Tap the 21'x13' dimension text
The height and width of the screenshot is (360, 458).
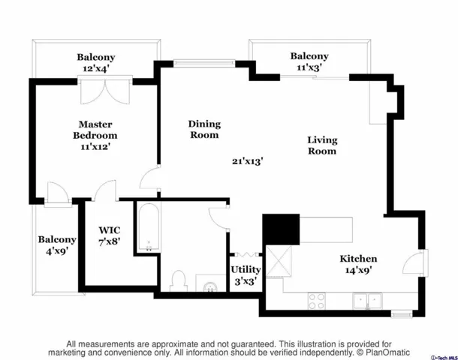(x=248, y=161)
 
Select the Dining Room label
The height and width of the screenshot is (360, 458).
(x=204, y=129)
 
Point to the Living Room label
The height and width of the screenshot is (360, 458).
(x=322, y=145)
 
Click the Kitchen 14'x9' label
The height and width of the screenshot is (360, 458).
(x=358, y=264)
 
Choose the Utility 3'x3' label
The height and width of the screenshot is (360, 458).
(x=246, y=275)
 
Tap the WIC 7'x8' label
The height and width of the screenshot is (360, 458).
(x=109, y=235)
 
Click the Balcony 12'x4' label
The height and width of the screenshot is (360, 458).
(x=96, y=63)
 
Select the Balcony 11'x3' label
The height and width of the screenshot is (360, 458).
(x=309, y=61)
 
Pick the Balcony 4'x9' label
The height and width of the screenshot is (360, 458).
(x=57, y=245)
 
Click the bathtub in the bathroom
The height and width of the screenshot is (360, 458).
(x=149, y=227)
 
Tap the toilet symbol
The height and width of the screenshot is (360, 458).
(x=179, y=281)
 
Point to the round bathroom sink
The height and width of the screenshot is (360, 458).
(x=210, y=286)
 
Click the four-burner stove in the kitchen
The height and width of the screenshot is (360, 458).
(x=317, y=301)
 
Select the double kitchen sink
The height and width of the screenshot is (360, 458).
(x=367, y=301)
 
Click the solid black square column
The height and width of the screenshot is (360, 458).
(x=281, y=229)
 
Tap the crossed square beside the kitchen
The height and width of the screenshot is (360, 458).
(x=279, y=262)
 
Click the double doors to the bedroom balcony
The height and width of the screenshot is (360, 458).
(x=105, y=91)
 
